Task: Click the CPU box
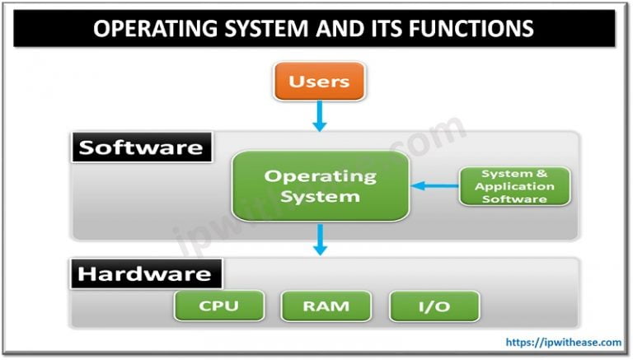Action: (218, 306)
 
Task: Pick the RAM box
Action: (326, 306)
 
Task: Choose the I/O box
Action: (434, 306)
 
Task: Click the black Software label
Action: (140, 148)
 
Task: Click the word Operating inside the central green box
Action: (320, 175)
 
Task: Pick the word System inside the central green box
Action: (320, 196)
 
